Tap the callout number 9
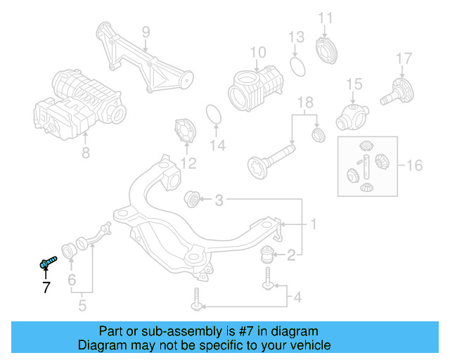pos(146,32)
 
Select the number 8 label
pos(85,151)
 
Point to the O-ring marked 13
pos(297,67)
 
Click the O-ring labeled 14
pos(214,114)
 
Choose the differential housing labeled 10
pos(255,88)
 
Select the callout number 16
pos(414,166)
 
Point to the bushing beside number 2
pos(270,254)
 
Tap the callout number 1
pos(314,225)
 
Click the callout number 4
pos(297,298)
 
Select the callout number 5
pos(82,305)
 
